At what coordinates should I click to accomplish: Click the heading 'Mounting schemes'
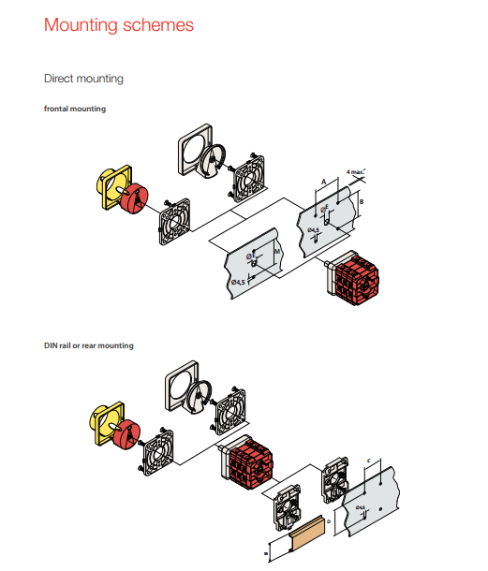click(119, 25)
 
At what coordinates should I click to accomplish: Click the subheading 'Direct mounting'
click(84, 79)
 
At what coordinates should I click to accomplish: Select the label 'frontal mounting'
click(75, 109)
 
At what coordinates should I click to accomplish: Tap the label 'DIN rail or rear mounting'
click(89, 345)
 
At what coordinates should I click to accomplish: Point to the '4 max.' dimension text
click(354, 172)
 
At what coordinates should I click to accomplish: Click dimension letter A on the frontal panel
click(323, 180)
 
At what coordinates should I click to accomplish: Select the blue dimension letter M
click(277, 253)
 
